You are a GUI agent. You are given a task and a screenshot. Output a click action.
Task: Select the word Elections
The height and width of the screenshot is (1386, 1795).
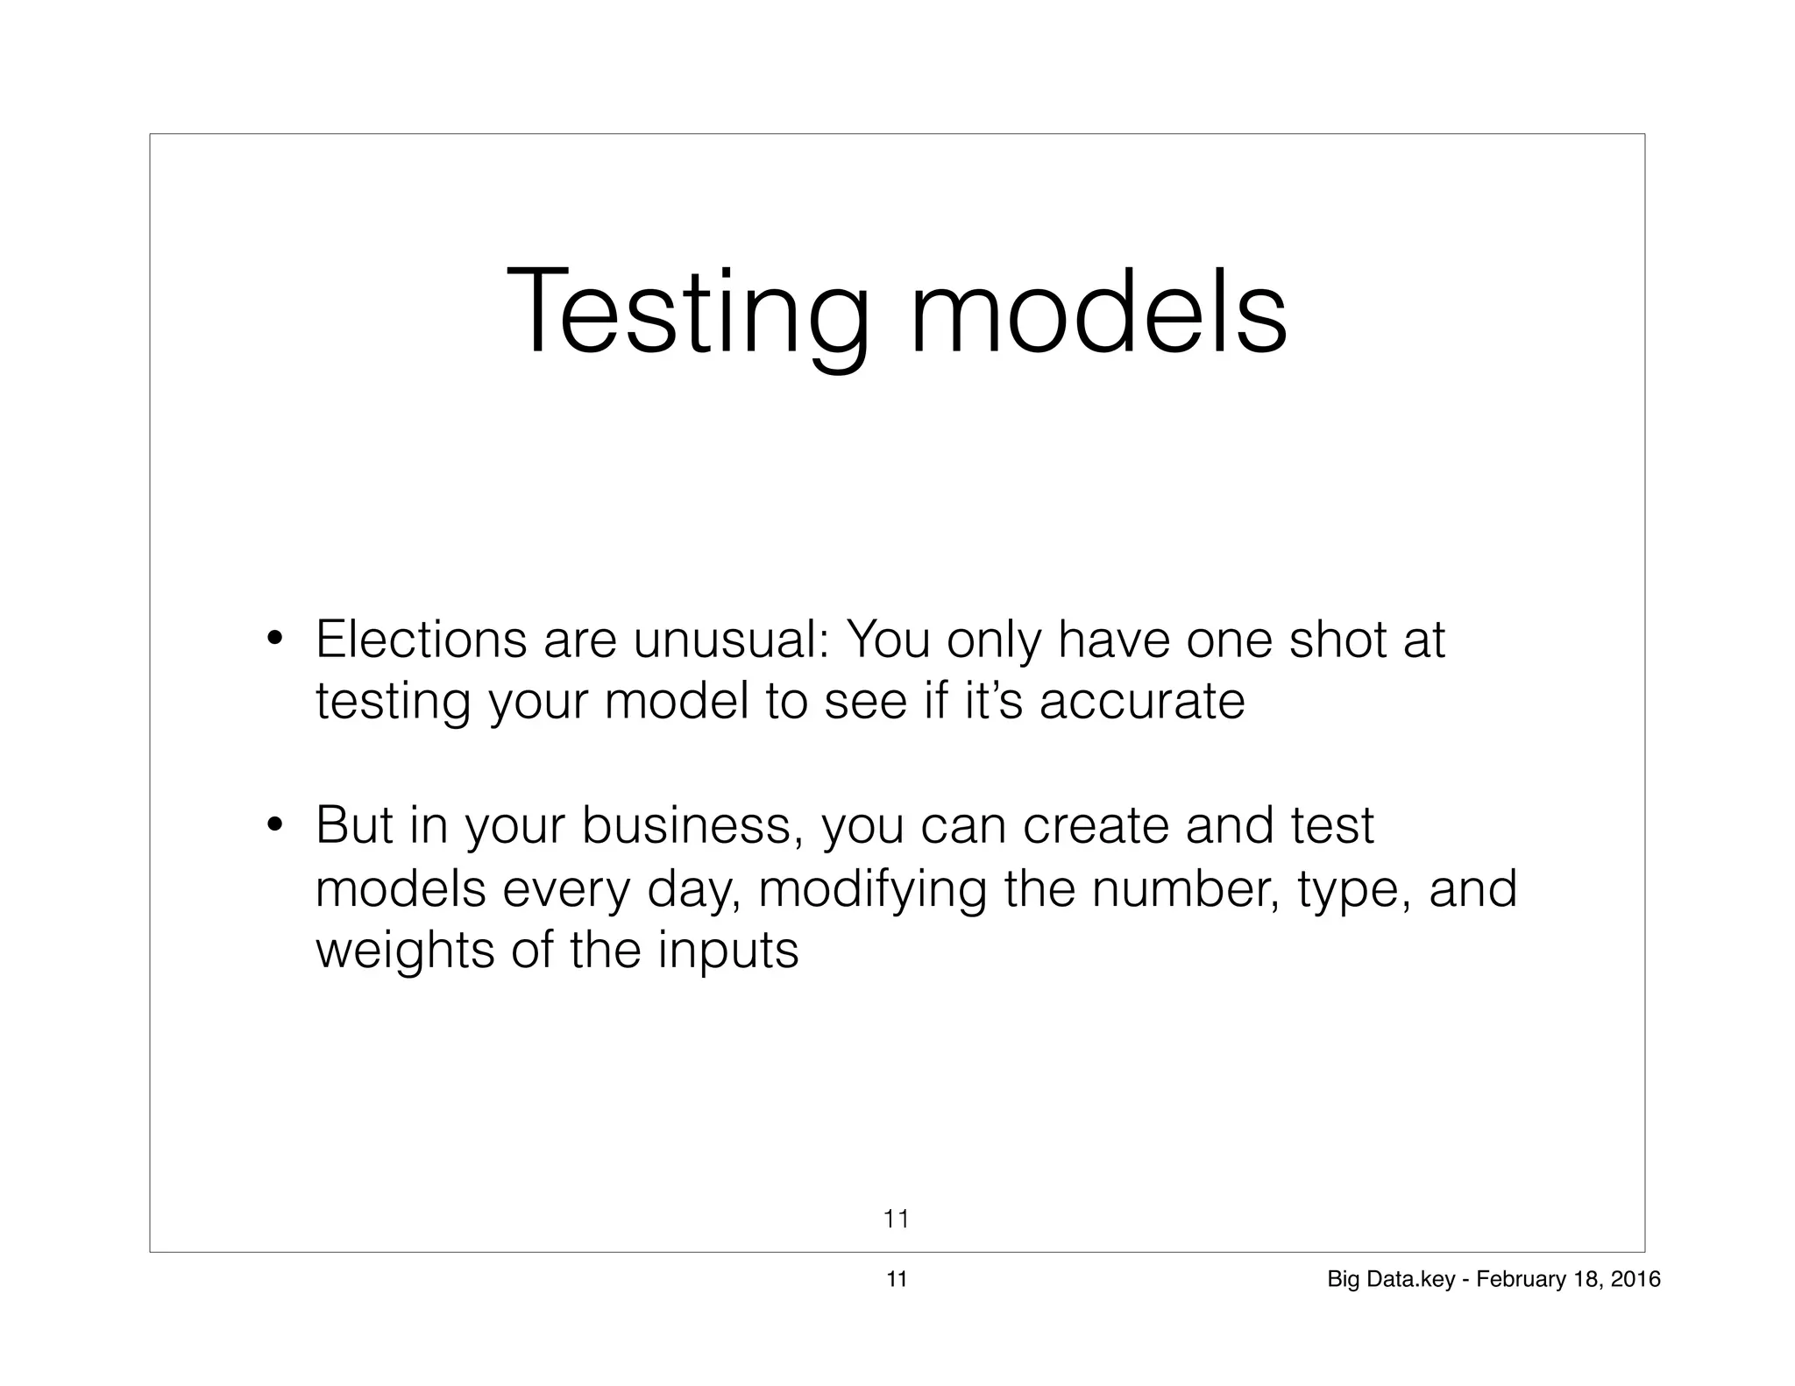(421, 640)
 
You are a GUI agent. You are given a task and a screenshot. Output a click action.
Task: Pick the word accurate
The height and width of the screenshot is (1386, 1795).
(1141, 701)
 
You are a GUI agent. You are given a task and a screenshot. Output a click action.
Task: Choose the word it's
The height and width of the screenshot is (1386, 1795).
(993, 701)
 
